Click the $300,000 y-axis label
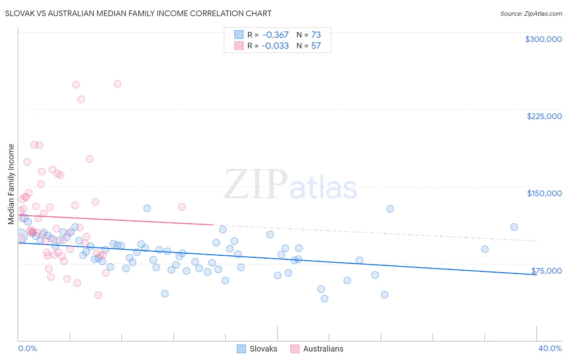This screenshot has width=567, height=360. tap(543, 39)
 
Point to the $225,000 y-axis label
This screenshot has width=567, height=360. tap(544, 116)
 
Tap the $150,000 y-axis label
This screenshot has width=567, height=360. tap(544, 193)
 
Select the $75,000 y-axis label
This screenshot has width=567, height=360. tap(546, 271)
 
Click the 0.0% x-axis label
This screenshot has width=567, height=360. tap(27, 348)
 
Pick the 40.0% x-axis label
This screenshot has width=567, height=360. tap(550, 348)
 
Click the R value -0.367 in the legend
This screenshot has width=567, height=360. tap(275, 35)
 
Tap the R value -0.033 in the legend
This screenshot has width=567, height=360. tap(275, 46)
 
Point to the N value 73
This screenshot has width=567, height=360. tap(316, 35)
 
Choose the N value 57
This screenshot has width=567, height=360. tap(316, 46)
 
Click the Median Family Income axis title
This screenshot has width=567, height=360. tap(11, 184)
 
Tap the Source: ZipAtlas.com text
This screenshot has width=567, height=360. tap(531, 14)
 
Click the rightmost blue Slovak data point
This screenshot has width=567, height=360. tap(514, 227)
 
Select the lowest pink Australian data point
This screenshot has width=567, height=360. tap(98, 295)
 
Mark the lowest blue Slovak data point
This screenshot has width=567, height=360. tap(325, 299)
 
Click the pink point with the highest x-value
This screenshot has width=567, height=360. tap(182, 207)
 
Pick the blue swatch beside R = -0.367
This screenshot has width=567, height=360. tap(239, 35)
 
